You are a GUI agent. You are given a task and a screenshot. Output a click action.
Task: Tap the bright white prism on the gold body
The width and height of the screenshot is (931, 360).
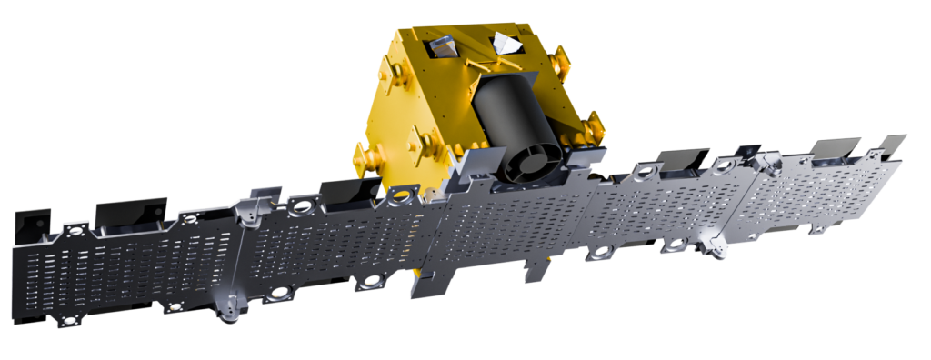[x=505, y=43]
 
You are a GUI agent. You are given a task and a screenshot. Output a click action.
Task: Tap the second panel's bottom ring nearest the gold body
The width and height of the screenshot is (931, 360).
[x=371, y=283]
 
